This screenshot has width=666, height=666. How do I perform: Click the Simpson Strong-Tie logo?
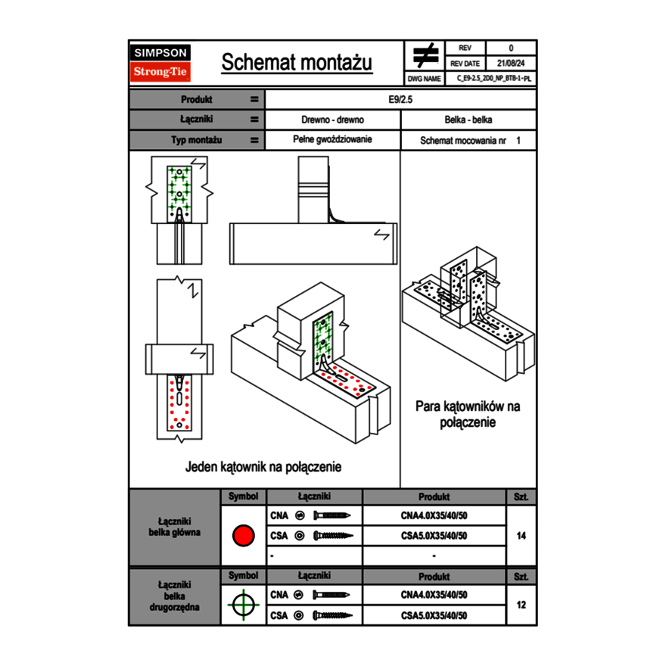(161, 63)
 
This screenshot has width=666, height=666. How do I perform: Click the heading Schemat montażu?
(297, 64)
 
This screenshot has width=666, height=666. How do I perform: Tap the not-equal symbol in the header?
(425, 56)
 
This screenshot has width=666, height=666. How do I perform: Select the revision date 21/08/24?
(511, 64)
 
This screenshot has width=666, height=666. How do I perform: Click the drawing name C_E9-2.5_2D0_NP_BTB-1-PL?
(494, 78)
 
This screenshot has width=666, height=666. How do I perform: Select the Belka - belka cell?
(468, 120)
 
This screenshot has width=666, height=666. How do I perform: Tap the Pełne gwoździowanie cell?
(332, 140)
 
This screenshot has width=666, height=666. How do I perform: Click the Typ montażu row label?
(195, 140)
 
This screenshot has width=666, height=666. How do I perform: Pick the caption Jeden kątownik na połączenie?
(263, 467)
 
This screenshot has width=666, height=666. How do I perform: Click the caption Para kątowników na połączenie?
(468, 414)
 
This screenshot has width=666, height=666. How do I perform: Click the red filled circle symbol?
(242, 536)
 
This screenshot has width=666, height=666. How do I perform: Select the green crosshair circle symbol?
(242, 605)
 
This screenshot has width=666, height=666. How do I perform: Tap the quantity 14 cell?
(521, 536)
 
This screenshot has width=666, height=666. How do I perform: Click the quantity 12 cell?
(521, 605)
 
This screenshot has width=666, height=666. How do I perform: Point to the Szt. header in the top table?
(521, 497)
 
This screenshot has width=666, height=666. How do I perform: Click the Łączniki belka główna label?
(175, 527)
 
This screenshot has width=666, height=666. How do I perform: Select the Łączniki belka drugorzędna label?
(175, 596)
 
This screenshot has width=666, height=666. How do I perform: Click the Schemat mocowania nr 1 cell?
(470, 141)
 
